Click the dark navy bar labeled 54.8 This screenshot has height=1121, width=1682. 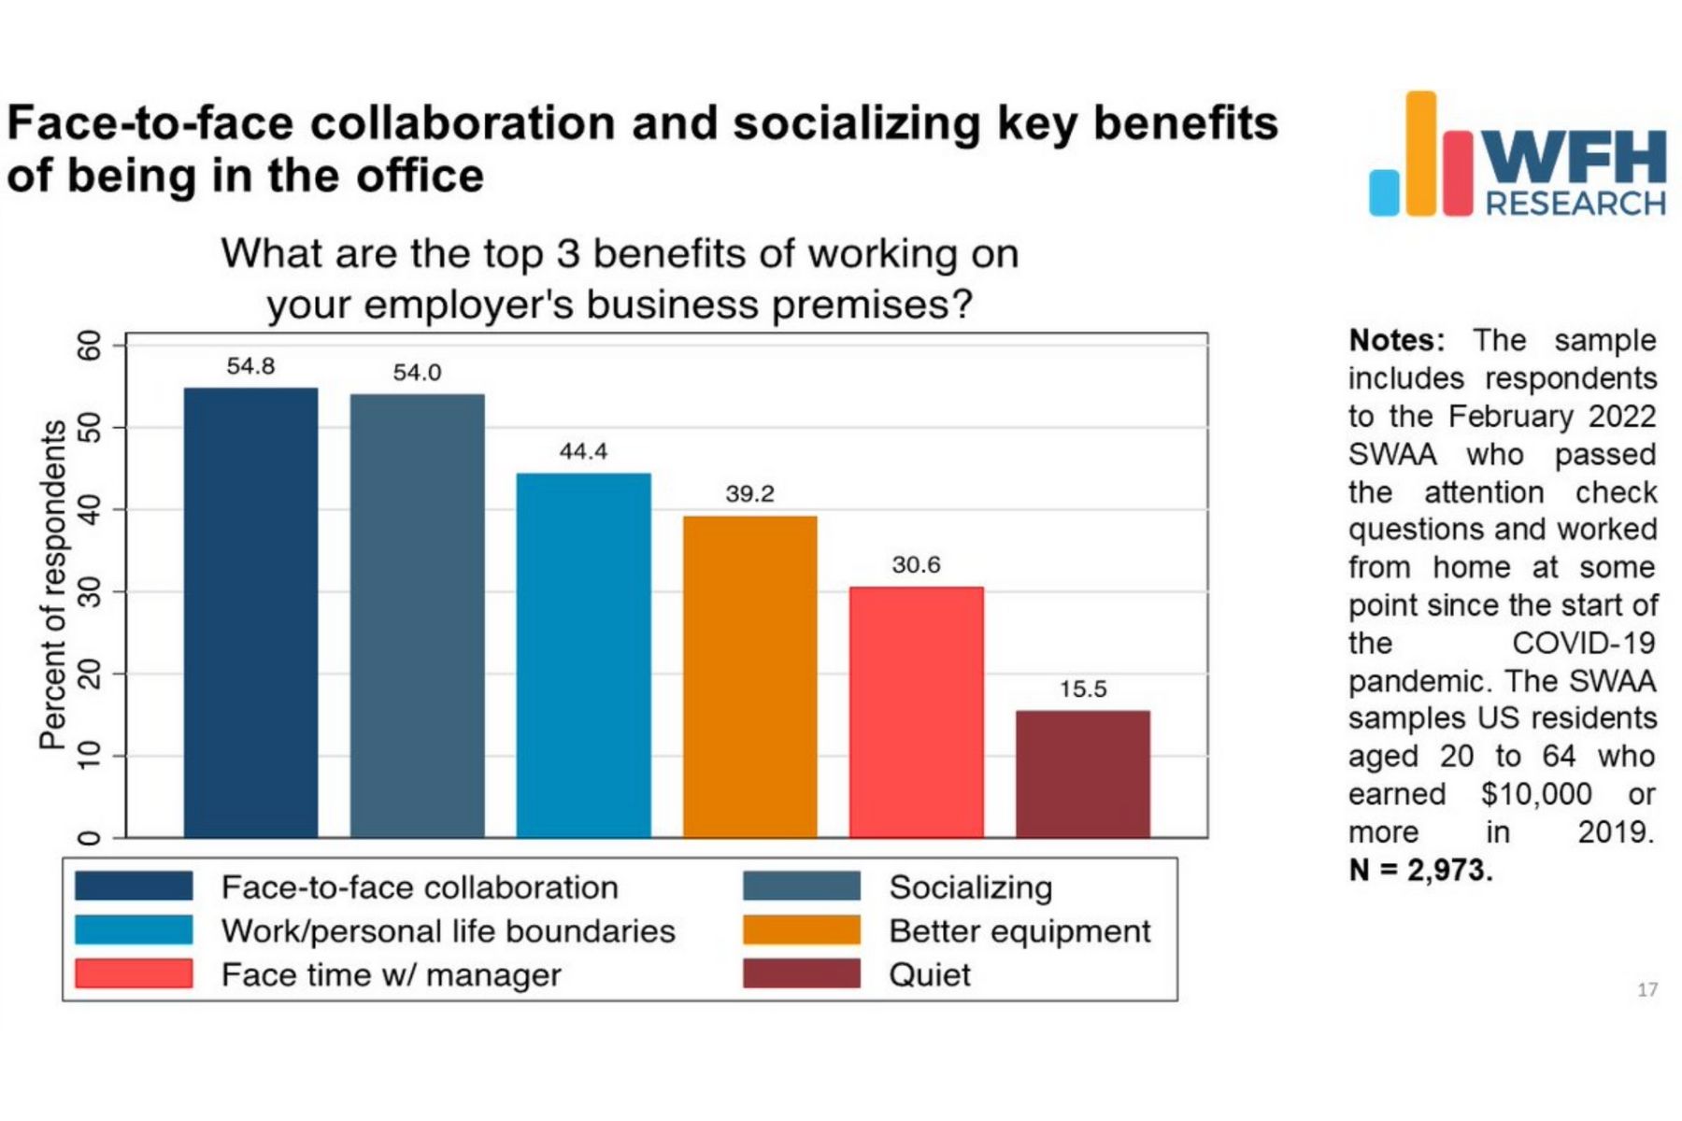pos(250,612)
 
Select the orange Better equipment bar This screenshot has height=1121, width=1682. pos(749,676)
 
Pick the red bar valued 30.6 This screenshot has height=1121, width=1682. pos(916,712)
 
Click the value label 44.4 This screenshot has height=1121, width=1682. pos(583,452)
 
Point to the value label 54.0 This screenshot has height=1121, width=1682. pos(417,373)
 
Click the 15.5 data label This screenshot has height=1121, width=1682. pos(1082,689)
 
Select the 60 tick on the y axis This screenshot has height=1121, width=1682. pos(90,346)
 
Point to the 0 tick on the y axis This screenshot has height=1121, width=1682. pos(90,837)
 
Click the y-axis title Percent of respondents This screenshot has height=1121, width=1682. pos(52,585)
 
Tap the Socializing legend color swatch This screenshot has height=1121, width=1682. pos(801,887)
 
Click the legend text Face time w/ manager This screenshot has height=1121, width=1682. pos(391,975)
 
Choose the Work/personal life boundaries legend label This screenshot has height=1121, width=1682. pos(448,931)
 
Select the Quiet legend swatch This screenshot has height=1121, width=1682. pos(801,974)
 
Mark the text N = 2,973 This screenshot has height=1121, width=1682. pos(1420,871)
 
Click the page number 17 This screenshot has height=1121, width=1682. pos(1646,990)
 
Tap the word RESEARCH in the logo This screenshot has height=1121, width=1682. pos(1575,203)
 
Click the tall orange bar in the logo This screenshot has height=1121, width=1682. pos(1420,154)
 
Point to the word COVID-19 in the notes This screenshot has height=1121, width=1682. pos(1583,644)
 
